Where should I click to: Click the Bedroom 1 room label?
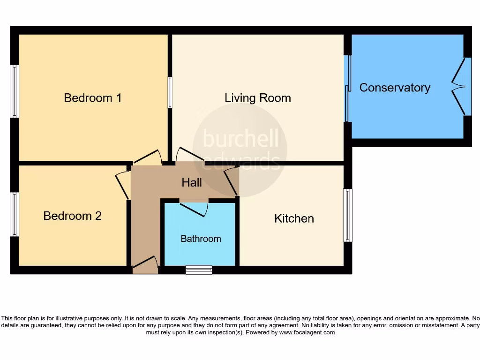[92, 98]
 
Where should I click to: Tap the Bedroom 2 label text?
[72, 216]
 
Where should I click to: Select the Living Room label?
[257, 98]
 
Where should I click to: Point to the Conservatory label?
[394, 88]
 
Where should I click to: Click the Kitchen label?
[294, 218]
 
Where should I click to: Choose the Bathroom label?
[201, 239]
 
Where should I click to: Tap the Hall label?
[192, 183]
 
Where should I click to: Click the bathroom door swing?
[194, 209]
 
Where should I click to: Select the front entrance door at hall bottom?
[145, 264]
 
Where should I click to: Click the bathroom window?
[199, 270]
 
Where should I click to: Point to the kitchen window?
[347, 215]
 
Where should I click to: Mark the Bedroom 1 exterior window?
[15, 91]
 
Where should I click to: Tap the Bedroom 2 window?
[15, 214]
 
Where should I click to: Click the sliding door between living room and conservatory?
[347, 89]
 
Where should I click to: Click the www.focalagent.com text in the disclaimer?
[307, 332]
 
